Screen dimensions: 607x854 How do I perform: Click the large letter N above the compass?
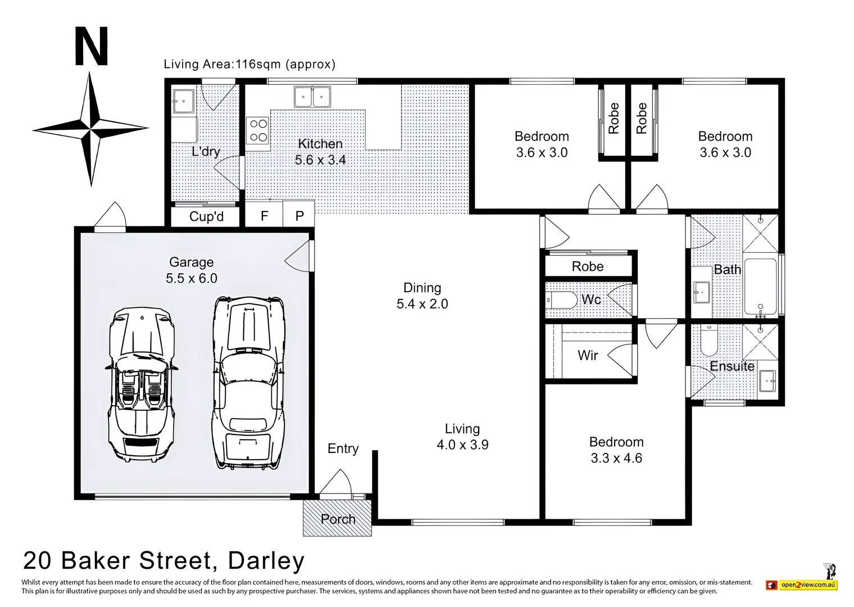[91, 48]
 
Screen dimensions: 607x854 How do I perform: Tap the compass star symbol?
[90, 129]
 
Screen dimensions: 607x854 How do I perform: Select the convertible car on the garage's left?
[140, 384]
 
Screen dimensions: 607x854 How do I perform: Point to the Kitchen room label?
[320, 144]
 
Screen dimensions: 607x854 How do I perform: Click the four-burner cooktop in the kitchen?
[258, 130]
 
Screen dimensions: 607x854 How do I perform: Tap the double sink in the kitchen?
[312, 96]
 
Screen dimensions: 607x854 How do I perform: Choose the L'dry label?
[206, 151]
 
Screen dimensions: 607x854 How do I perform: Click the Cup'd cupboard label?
[206, 216]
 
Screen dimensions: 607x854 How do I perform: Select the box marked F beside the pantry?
[264, 216]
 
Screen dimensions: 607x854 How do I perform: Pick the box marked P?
[299, 216]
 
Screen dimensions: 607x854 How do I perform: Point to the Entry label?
[343, 449]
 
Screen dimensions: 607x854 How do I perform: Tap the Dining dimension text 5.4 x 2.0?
[422, 304]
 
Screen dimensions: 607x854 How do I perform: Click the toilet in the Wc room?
[562, 300]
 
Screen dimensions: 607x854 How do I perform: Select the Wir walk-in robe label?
[588, 355]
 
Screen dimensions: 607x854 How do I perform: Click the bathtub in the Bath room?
[760, 286]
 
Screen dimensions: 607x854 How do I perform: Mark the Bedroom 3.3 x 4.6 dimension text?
[616, 458]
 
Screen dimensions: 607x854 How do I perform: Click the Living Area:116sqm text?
[249, 64]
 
